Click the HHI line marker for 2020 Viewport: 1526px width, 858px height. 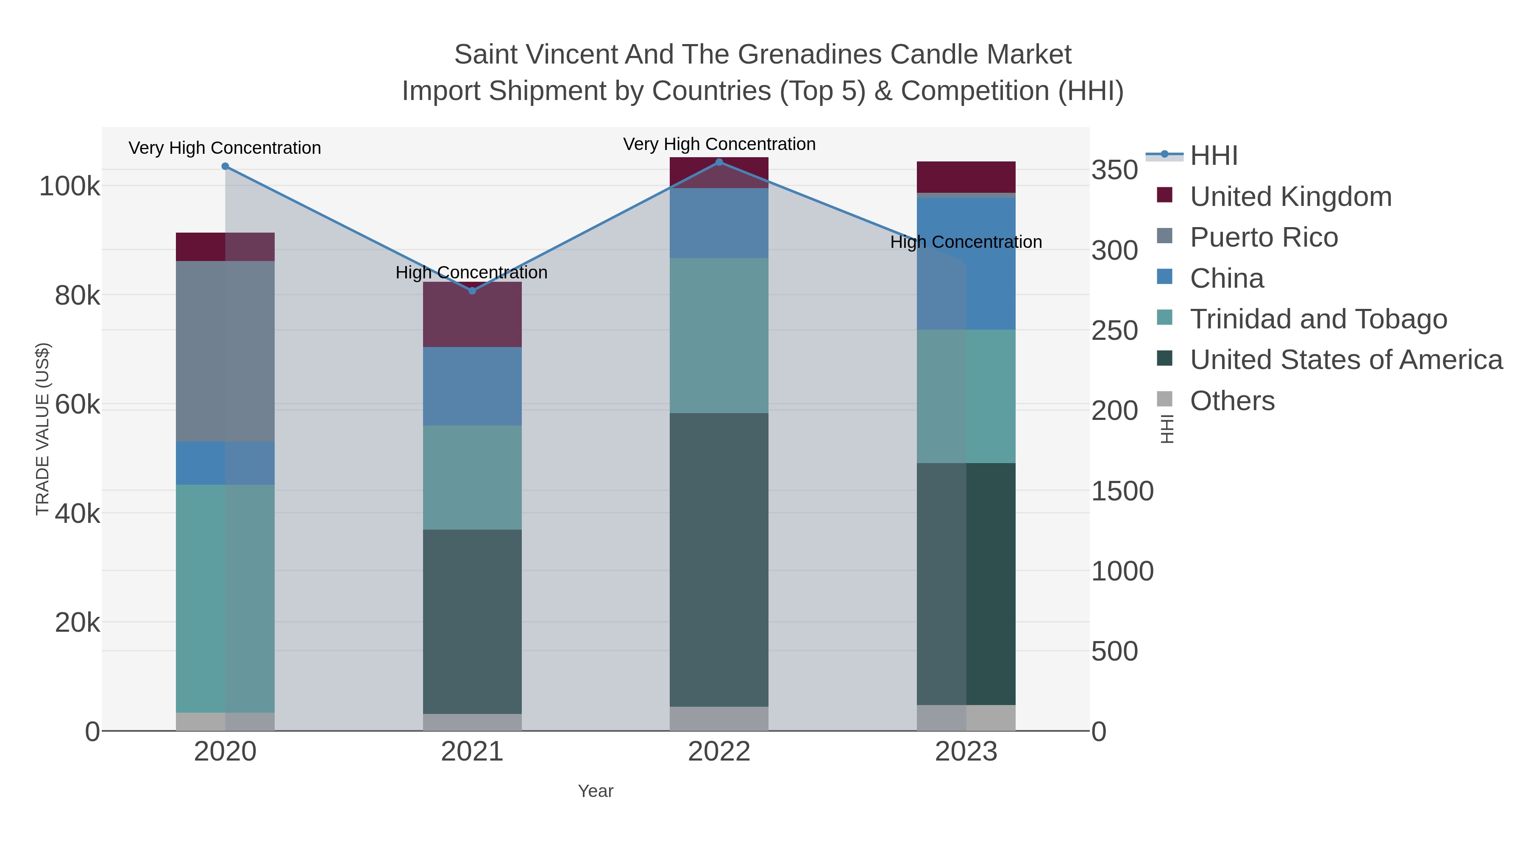click(225, 167)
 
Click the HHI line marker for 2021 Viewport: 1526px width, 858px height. click(472, 291)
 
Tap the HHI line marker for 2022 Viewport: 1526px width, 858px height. click(719, 162)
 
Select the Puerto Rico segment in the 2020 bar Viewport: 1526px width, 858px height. click(225, 351)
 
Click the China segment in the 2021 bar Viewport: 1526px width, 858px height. click(472, 386)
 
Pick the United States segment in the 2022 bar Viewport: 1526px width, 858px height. click(719, 560)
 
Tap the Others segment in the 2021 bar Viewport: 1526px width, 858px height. click(472, 722)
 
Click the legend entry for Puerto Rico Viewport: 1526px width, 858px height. click(1264, 237)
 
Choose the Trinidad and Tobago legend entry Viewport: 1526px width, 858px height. click(1318, 319)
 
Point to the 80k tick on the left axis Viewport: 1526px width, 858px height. click(77, 295)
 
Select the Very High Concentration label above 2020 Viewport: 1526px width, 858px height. click(225, 147)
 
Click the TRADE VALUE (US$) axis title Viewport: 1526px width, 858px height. click(43, 429)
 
